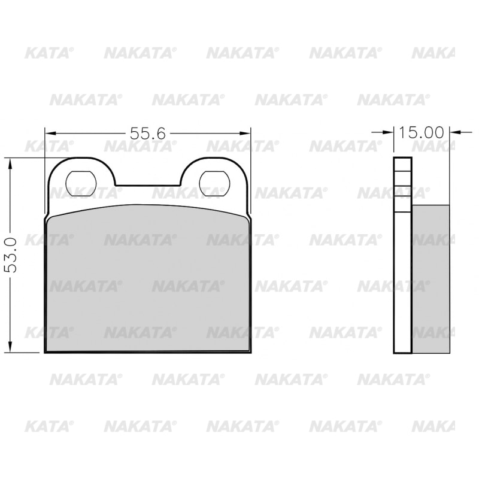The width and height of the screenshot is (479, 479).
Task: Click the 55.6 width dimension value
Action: point(147,133)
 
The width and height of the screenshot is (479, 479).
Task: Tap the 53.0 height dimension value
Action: point(11,256)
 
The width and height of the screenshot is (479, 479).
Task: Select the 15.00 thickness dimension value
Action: point(421,132)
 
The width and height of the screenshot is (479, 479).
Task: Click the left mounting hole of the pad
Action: point(81,183)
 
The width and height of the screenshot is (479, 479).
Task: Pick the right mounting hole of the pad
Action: point(214,183)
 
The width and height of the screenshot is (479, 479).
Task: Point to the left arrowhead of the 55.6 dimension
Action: point(51,133)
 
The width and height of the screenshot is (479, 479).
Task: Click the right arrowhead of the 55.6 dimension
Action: point(244,133)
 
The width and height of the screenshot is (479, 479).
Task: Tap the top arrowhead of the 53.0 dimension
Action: point(11,163)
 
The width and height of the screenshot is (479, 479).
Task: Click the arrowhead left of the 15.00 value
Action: point(387,132)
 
